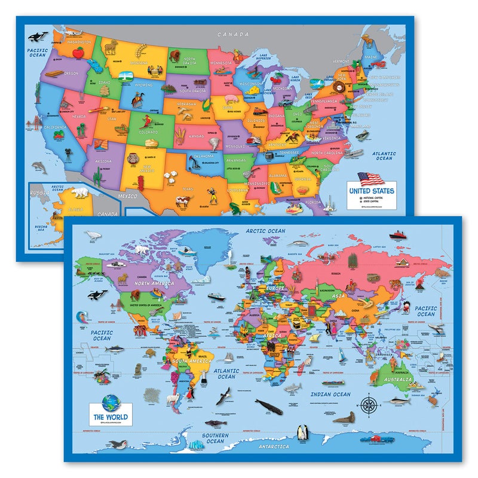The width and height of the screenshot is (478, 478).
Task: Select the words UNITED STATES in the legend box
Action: click(x=373, y=191)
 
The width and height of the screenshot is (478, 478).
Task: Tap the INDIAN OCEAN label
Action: click(x=330, y=394)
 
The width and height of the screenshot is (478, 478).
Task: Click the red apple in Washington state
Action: click(x=76, y=53)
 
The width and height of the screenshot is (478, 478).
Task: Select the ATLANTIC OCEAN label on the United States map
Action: click(x=384, y=156)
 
